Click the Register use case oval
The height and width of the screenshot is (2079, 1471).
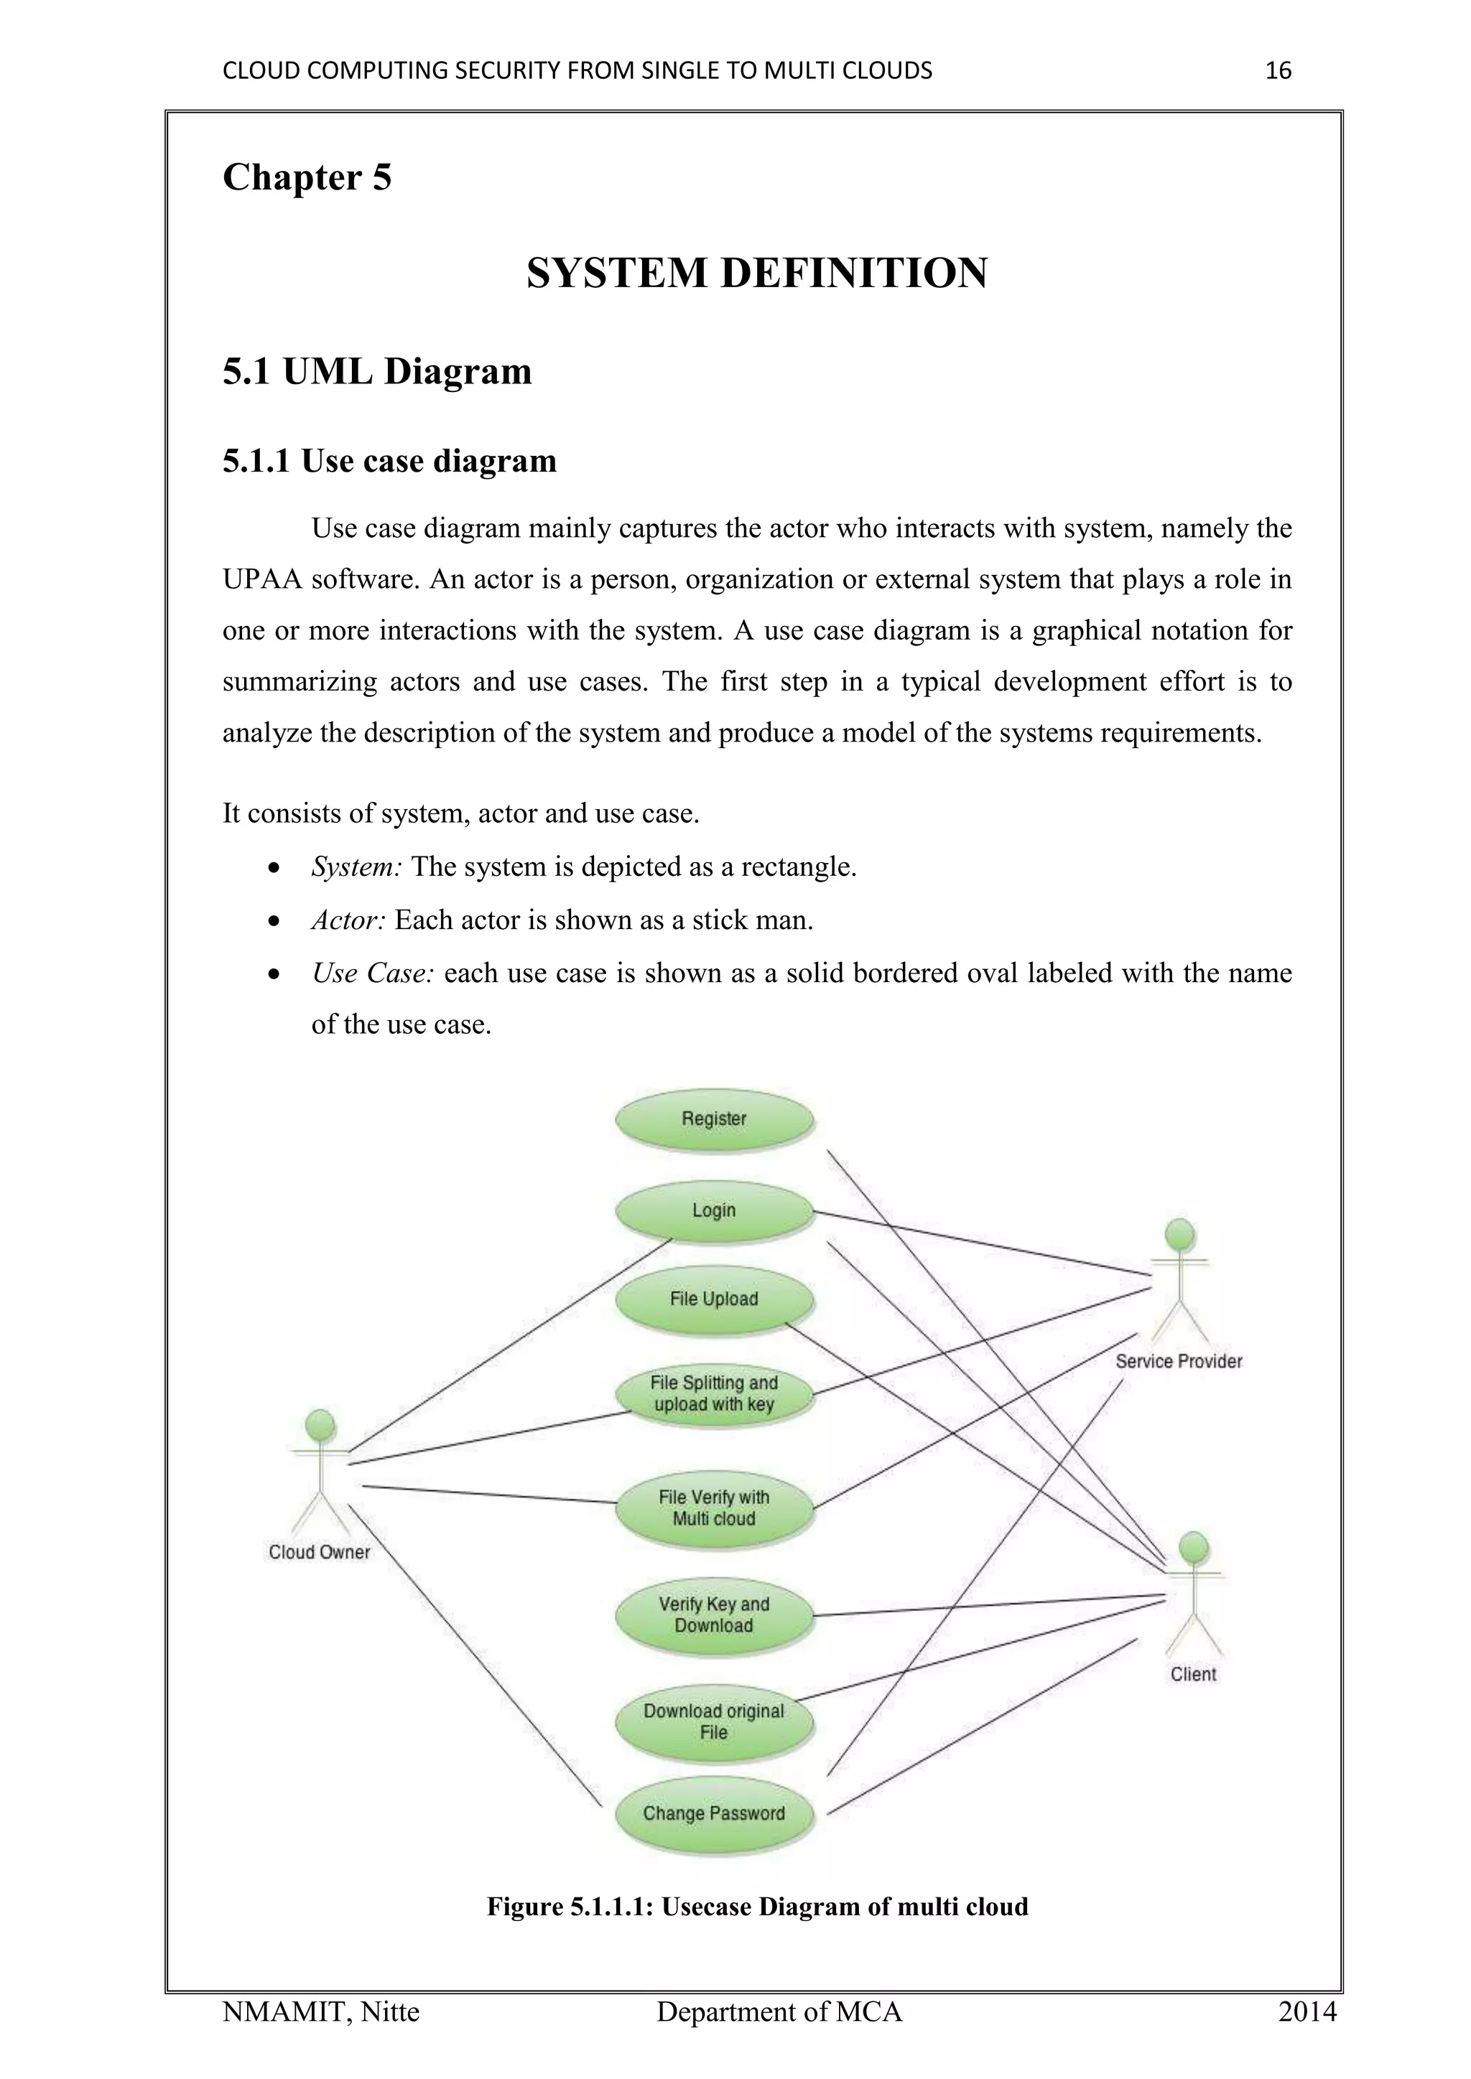[x=714, y=1119]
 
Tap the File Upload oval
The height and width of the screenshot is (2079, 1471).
[x=714, y=1299]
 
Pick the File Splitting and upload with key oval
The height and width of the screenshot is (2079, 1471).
[x=714, y=1393]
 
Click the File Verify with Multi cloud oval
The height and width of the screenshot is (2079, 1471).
[x=714, y=1508]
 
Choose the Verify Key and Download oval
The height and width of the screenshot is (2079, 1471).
[x=714, y=1615]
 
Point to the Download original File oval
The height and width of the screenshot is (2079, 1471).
[x=714, y=1721]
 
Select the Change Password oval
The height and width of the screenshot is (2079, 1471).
[x=714, y=1813]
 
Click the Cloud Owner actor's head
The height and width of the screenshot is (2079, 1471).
[x=320, y=1424]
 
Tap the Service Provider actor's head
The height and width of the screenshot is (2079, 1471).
[x=1179, y=1234]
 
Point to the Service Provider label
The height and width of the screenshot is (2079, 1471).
[x=1179, y=1361]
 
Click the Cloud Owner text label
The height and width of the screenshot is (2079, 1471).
[x=319, y=1552]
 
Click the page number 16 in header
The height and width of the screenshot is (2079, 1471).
[x=1277, y=70]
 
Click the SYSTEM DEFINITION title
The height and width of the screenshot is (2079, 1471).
[x=756, y=274]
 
